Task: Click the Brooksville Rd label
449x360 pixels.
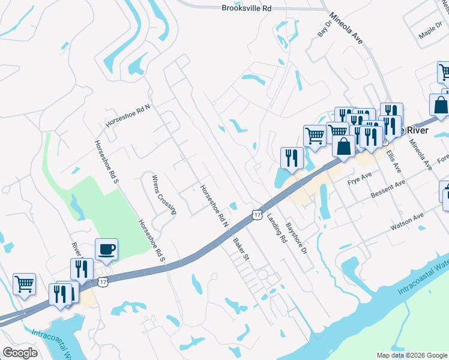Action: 246,8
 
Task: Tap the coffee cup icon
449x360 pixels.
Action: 106,249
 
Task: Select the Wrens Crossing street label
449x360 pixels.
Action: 164,194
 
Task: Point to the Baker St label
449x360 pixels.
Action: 240,250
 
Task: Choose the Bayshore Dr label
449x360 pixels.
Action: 296,237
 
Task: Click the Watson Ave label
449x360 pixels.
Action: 407,221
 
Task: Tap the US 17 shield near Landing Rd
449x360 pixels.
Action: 258,214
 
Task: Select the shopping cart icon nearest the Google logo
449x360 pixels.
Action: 24,284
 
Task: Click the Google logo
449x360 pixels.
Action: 20,353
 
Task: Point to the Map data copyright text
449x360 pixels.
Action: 411,355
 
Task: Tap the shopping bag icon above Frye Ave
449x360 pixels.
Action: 344,146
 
